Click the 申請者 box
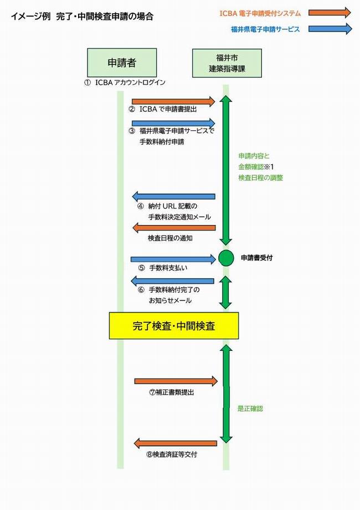pyautogui.click(x=122, y=63)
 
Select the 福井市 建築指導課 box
pyautogui.click(x=227, y=63)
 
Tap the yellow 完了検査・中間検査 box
pyautogui.click(x=174, y=325)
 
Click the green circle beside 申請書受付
pyautogui.click(x=226, y=258)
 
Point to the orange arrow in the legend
pyautogui.click(x=330, y=13)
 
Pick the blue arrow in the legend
pyautogui.click(x=330, y=29)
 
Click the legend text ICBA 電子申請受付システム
pyautogui.click(x=260, y=13)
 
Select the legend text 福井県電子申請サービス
pyautogui.click(x=265, y=29)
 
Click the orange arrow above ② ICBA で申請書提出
pyautogui.click(x=173, y=101)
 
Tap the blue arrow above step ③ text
pyautogui.click(x=173, y=123)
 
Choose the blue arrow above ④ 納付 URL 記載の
pyautogui.click(x=173, y=196)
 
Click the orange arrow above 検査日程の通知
pyautogui.click(x=174, y=228)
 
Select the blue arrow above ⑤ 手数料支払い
pyautogui.click(x=173, y=259)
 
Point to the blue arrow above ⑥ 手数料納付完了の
pyautogui.click(x=172, y=281)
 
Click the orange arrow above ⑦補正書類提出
pyautogui.click(x=176, y=381)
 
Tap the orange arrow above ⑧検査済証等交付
pyautogui.click(x=176, y=443)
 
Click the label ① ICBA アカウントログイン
pyautogui.click(x=125, y=83)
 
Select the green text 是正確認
pyautogui.click(x=250, y=409)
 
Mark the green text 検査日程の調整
pyautogui.click(x=260, y=177)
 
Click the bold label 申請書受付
pyautogui.click(x=256, y=258)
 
